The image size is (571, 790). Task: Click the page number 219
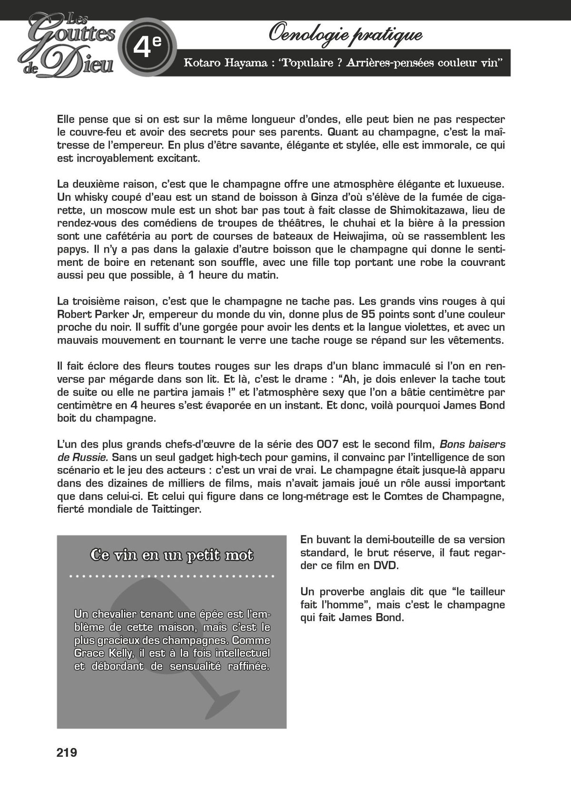pos(67,753)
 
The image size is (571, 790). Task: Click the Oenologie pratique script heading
pos(345,34)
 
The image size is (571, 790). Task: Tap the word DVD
pos(385,566)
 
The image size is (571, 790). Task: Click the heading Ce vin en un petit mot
pos(172,556)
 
